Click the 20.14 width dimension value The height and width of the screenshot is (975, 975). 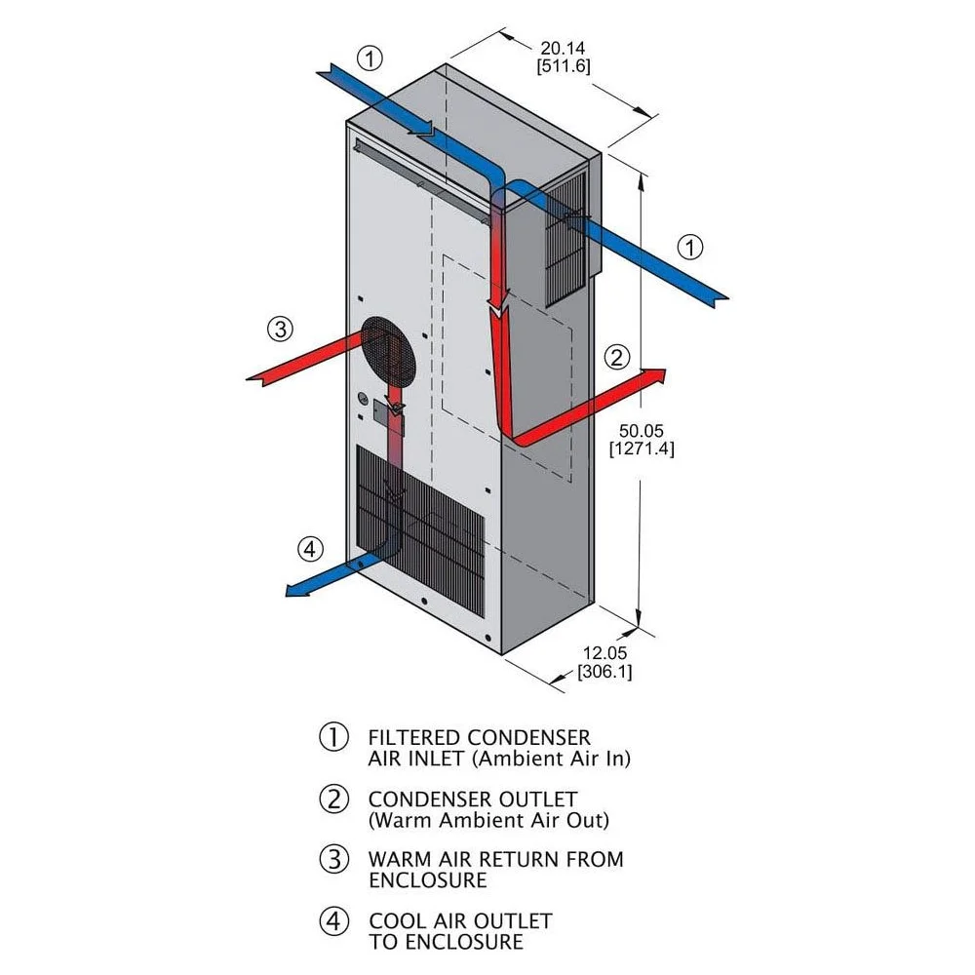coord(563,48)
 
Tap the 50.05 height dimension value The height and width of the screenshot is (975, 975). coord(642,430)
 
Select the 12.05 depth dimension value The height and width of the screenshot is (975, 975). coord(604,653)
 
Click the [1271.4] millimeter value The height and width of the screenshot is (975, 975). coord(642,448)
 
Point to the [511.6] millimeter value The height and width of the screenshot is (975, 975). coord(564,66)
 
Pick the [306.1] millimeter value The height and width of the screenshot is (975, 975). coord(604,672)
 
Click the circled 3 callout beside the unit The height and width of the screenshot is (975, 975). coord(280,329)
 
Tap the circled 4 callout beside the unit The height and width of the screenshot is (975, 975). coord(310,549)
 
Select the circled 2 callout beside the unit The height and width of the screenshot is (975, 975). coord(617,357)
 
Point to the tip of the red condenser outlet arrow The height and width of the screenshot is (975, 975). coord(666,370)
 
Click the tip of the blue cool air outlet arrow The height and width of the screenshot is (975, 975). coord(286,592)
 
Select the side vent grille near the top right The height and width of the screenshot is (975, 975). coord(565,239)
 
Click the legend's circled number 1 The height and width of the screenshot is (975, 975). coord(333,736)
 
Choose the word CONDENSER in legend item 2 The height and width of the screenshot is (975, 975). coord(473,799)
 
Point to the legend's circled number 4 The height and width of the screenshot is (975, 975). coord(333,921)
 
